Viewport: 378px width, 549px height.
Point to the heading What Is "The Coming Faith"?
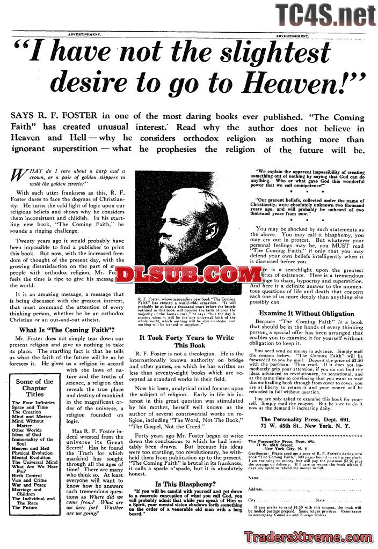(65, 330)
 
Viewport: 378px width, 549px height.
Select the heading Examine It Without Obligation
(307, 313)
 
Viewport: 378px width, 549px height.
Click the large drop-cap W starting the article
(19, 175)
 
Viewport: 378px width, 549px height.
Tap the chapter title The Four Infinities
(33, 402)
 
